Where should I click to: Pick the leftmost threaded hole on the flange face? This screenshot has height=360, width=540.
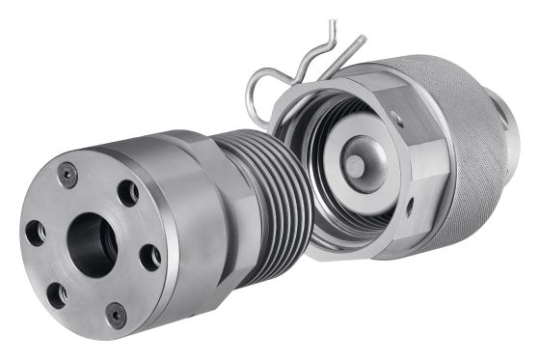36,233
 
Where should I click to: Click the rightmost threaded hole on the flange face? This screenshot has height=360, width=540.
149,258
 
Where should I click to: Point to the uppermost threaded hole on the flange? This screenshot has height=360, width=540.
127,193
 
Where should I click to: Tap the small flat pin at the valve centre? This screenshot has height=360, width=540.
356,167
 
